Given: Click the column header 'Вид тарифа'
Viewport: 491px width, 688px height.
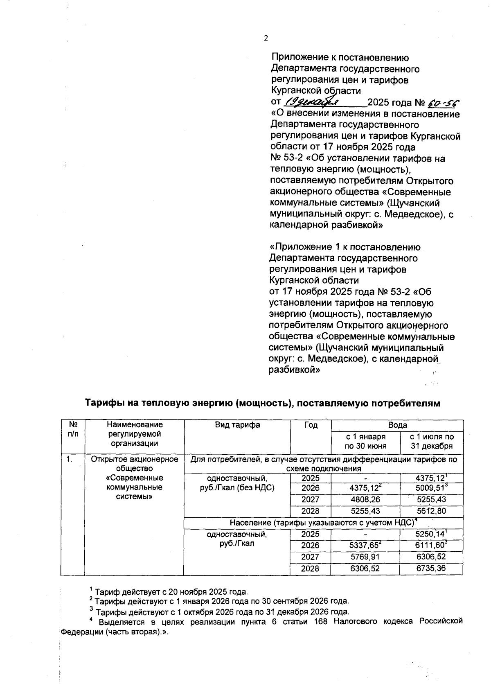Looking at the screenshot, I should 237,425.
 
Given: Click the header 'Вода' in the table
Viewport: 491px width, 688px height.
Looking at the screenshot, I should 397,425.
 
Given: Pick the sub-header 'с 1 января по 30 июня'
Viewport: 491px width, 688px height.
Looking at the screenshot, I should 365,442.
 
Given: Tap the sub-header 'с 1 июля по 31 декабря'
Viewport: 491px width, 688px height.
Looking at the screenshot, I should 431,442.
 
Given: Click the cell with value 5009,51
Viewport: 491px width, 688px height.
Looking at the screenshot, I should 430,488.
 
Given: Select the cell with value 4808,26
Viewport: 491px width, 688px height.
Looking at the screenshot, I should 365,500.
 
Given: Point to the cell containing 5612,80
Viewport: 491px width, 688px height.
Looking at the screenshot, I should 431,511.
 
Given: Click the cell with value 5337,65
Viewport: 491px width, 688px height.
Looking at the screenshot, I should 365,546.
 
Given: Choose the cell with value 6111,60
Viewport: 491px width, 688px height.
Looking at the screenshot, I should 430,546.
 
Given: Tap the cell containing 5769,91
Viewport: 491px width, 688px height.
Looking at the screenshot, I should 365,557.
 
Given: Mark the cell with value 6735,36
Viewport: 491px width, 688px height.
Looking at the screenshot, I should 431,568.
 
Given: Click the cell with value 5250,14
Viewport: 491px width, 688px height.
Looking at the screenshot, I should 430,534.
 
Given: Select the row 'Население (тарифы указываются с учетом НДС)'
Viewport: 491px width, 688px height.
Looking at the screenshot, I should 323,523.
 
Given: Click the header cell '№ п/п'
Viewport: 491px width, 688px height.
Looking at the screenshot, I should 73,429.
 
